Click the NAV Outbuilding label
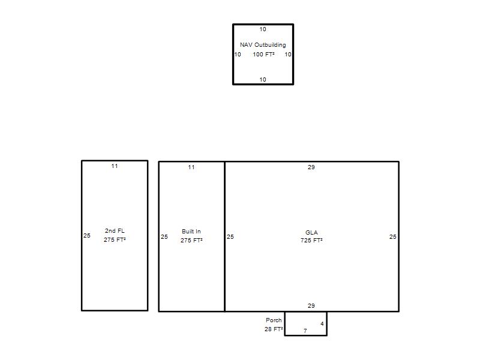click(x=263, y=44)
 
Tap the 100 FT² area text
click(x=263, y=55)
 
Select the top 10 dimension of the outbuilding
click(x=263, y=29)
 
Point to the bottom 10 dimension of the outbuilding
click(x=263, y=80)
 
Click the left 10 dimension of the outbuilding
click(x=238, y=55)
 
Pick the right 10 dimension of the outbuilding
click(x=288, y=55)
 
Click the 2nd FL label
click(x=115, y=231)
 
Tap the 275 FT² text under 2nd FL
click(x=115, y=239)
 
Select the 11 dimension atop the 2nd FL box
click(x=115, y=166)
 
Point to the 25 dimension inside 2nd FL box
click(x=87, y=235)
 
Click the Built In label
click(x=191, y=232)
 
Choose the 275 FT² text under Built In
click(x=191, y=241)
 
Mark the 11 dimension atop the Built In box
click(x=191, y=167)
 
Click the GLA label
click(x=311, y=233)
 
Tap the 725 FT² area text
click(x=311, y=241)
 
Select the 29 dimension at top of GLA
click(x=311, y=167)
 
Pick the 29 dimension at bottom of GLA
click(x=311, y=306)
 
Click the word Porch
click(x=274, y=320)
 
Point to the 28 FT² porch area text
click(x=274, y=329)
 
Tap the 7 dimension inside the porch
click(x=305, y=331)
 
